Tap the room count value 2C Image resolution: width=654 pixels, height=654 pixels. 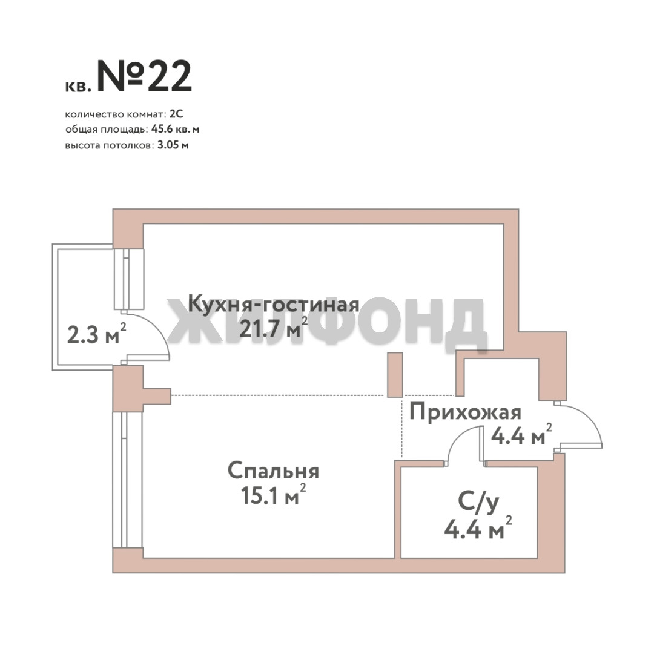click(176, 114)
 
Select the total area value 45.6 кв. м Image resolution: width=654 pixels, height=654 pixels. click(175, 130)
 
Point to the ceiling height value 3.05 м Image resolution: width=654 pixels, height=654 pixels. click(173, 145)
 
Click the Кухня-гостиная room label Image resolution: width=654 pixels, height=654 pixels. click(274, 304)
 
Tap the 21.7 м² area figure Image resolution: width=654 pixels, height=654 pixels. click(274, 328)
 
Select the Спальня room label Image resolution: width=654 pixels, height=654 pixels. click(274, 472)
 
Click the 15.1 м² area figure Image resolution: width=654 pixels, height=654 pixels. click(274, 495)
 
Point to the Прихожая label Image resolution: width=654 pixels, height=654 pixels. click(466, 412)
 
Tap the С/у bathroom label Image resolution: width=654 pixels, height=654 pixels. click(478, 502)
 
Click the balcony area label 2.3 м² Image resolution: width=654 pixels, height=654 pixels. click(97, 334)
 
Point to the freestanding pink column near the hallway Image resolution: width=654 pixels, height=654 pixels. click(395, 375)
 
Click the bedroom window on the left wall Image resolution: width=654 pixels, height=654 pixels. click(127, 480)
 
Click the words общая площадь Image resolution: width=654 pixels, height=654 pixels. click(107, 130)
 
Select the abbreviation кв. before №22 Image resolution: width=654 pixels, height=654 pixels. click(78, 87)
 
